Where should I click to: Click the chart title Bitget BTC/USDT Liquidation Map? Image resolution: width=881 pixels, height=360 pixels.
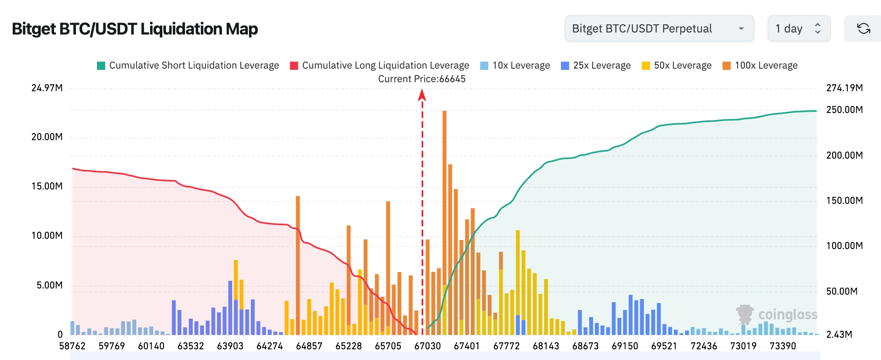tap(135, 29)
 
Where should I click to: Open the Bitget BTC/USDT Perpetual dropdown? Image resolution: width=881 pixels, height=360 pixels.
tap(659, 28)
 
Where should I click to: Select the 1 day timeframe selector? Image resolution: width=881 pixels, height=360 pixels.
tap(798, 28)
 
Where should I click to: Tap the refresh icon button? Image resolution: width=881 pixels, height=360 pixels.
tap(863, 28)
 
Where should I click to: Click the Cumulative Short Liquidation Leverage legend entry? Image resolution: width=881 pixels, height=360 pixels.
tap(188, 65)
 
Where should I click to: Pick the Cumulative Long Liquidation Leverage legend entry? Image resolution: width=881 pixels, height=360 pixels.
tap(380, 65)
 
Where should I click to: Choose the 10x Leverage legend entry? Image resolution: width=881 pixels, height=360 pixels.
tap(515, 65)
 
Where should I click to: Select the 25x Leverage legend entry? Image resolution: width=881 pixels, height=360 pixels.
tap(596, 65)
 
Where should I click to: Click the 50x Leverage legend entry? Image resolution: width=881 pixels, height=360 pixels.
tap(677, 65)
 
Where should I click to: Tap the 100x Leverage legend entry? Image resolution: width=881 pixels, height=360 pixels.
tap(760, 65)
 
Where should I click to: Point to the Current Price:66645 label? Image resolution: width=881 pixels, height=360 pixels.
tap(422, 79)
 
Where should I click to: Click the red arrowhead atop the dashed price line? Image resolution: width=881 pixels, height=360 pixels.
tap(422, 95)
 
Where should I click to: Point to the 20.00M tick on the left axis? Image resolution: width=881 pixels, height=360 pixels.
tap(47, 137)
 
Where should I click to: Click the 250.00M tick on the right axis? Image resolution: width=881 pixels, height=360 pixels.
tap(844, 110)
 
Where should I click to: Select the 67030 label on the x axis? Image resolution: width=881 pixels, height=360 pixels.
tap(427, 346)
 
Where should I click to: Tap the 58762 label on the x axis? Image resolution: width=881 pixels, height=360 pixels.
tap(72, 346)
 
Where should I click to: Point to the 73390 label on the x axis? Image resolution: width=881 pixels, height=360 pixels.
tap(783, 346)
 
